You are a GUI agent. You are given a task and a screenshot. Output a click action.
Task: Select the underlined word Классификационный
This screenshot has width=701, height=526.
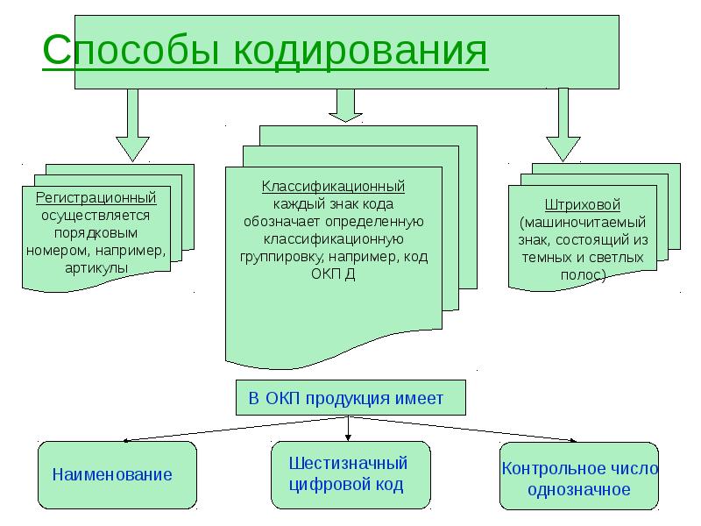tap(332, 187)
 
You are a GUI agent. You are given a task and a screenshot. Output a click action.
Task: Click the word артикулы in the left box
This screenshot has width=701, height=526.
tap(96, 267)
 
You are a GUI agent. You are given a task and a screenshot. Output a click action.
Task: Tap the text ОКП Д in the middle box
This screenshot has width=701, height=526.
tap(332, 274)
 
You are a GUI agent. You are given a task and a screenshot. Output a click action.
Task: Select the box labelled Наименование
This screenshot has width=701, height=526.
tap(117, 474)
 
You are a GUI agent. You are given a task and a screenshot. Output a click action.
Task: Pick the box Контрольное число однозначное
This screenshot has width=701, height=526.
tap(578, 478)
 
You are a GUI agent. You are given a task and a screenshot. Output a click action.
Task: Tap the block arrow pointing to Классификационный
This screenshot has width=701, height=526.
tap(345, 105)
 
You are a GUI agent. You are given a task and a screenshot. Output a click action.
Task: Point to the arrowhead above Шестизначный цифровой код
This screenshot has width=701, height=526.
tap(349, 436)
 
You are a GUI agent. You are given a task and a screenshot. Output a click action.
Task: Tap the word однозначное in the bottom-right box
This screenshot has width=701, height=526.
tap(578, 489)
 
